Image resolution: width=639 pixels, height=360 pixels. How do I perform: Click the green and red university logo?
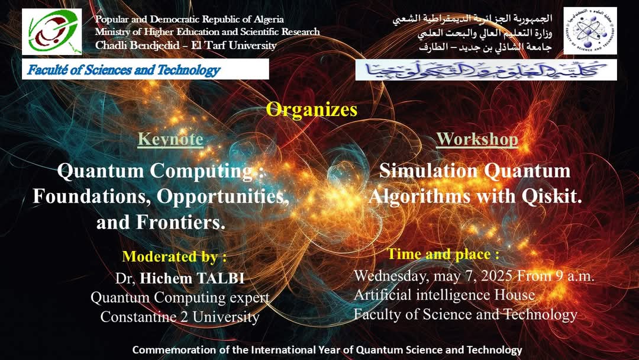click(x=51, y=32)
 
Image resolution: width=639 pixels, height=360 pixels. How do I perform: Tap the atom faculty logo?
click(x=590, y=31)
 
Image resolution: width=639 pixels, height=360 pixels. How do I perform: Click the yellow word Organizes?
click(x=312, y=110)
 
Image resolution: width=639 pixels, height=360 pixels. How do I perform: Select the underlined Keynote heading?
click(x=170, y=139)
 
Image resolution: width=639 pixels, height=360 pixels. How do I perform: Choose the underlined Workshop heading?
click(x=477, y=139)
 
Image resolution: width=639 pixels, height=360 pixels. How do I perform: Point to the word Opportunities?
click(x=222, y=197)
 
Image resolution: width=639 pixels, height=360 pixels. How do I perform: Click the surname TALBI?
click(x=221, y=278)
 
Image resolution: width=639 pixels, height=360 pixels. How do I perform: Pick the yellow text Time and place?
click(x=439, y=254)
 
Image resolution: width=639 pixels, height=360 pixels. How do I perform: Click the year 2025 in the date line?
click(x=496, y=276)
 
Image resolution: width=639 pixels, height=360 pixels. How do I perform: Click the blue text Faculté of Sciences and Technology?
click(x=124, y=70)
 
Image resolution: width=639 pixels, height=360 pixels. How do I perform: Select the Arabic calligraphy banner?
click(x=486, y=70)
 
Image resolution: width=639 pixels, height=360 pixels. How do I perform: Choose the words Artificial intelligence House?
click(x=444, y=295)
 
